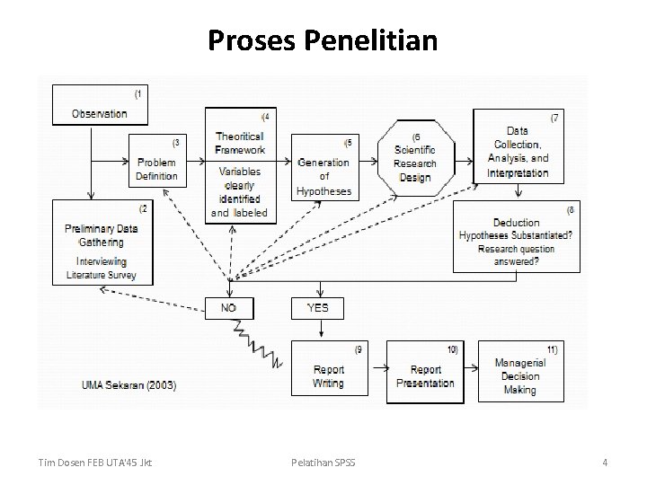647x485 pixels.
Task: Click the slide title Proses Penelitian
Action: pos(323,40)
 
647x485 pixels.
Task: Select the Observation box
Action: pos(100,106)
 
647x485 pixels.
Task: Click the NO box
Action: pos(228,308)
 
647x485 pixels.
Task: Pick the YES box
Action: pos(317,308)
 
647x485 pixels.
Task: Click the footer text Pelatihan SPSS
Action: pos(323,463)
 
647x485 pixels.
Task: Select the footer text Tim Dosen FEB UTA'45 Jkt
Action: pos(96,463)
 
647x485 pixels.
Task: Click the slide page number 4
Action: pos(605,463)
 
